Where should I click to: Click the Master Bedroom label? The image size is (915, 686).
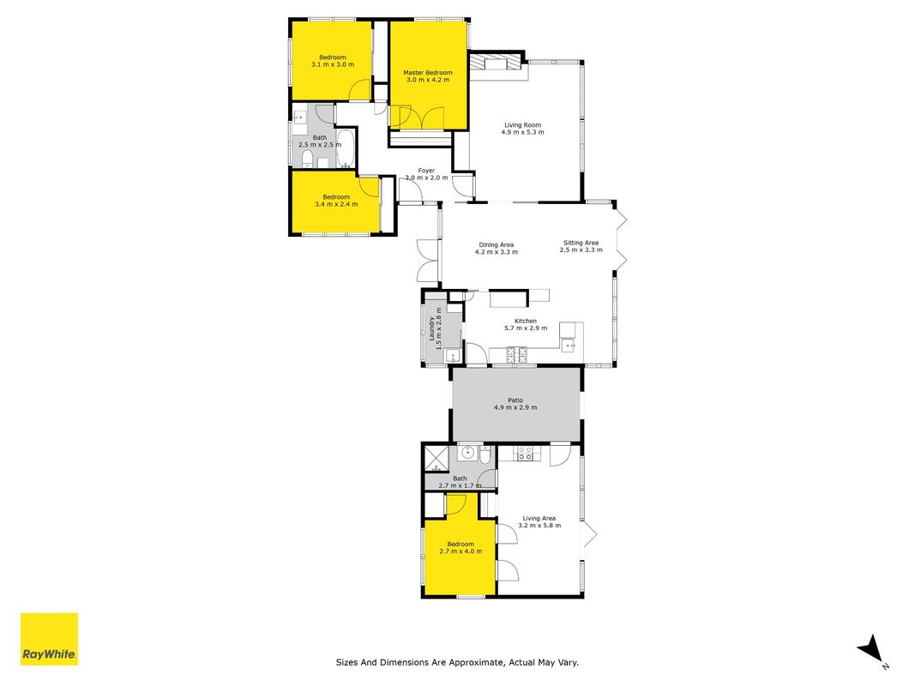click(x=428, y=75)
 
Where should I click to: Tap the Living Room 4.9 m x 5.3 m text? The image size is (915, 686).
click(x=523, y=129)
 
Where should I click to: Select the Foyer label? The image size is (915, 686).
click(x=426, y=174)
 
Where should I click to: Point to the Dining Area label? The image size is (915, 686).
click(x=497, y=249)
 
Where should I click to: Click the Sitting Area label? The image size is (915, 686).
click(x=581, y=246)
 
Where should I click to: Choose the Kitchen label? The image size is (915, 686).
click(x=526, y=324)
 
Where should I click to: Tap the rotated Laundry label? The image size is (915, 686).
click(x=436, y=328)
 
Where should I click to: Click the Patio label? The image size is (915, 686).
click(x=515, y=404)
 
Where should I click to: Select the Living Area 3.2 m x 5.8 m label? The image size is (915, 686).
click(x=539, y=521)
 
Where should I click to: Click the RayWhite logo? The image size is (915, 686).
click(x=49, y=639)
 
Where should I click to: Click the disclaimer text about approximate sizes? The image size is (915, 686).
click(x=457, y=662)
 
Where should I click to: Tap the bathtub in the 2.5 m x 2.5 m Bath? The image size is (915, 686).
click(x=345, y=148)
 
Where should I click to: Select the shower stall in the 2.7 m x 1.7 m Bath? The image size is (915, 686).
click(x=436, y=458)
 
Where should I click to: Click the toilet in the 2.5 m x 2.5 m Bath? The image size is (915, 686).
click(x=307, y=158)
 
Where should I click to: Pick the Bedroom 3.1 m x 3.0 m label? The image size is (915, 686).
click(x=333, y=61)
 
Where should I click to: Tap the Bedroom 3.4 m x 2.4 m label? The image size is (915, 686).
click(x=336, y=201)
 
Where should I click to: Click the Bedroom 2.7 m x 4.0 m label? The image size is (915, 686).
click(x=461, y=547)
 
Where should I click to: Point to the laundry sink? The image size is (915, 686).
click(x=453, y=356)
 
